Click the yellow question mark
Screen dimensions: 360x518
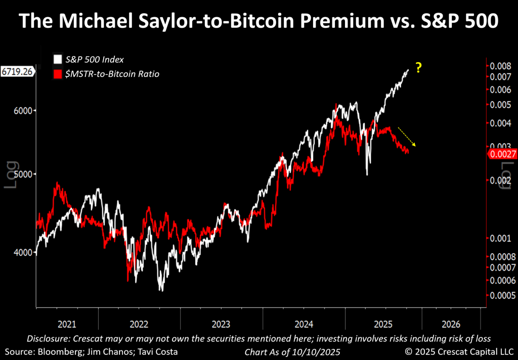418,68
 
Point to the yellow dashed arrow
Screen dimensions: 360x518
407,137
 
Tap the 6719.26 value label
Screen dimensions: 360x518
17,72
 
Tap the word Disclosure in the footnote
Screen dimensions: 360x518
49,338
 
